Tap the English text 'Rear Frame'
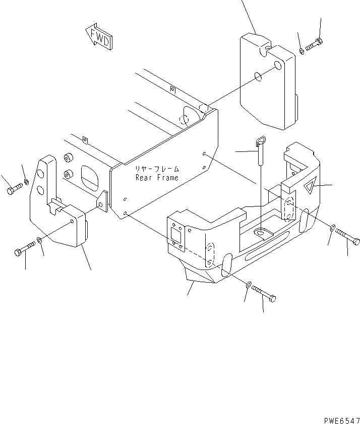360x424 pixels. [157, 178]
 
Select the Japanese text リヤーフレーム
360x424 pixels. [157, 169]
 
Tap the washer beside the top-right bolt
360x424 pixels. [302, 51]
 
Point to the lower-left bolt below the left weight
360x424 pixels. [24, 249]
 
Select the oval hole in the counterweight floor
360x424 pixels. [262, 232]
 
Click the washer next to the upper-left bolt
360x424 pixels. [26, 181]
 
